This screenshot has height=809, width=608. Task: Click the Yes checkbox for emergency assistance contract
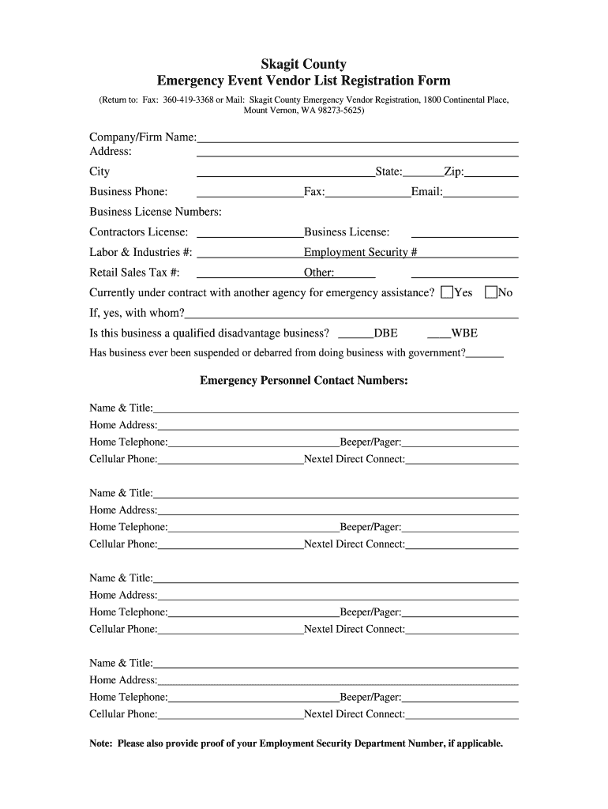click(447, 292)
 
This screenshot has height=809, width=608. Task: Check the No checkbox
click(491, 292)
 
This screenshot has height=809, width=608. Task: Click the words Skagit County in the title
click(304, 64)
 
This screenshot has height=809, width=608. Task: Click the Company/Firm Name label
click(142, 137)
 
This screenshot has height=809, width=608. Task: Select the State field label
click(389, 171)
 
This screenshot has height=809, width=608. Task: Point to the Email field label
click(426, 191)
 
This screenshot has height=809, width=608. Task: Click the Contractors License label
click(139, 231)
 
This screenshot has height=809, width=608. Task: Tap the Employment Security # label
click(360, 252)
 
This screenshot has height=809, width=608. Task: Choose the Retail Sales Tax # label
click(134, 273)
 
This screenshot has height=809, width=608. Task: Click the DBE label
click(385, 333)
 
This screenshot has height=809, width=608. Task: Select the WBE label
click(464, 333)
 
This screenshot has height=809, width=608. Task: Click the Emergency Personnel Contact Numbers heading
click(304, 381)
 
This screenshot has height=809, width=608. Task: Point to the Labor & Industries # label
click(141, 252)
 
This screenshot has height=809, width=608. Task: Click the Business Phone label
click(129, 191)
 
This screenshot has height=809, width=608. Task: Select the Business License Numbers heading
click(156, 212)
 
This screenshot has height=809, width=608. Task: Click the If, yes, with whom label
click(137, 313)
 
